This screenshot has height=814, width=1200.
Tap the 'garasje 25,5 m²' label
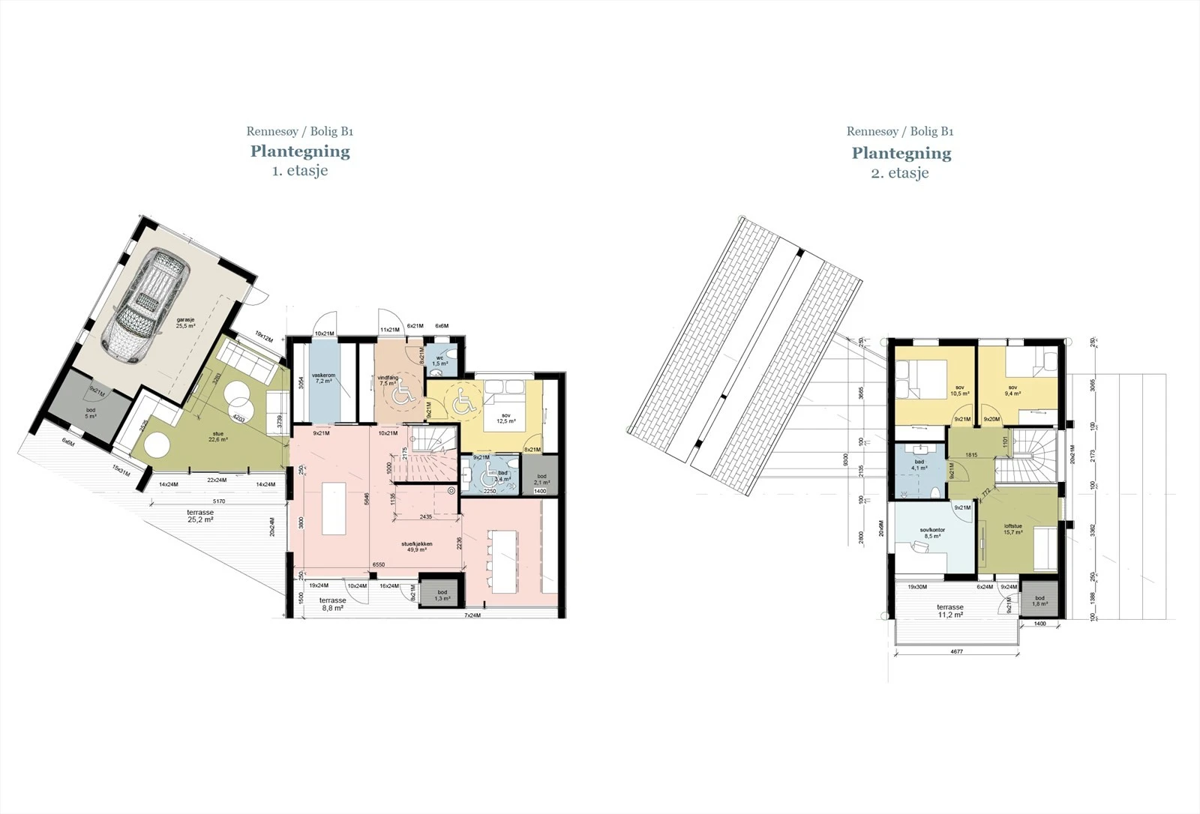(185, 323)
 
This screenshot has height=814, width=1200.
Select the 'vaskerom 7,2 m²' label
(323, 378)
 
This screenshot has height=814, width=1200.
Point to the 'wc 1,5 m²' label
(440, 361)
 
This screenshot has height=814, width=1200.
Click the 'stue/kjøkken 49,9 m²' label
(417, 546)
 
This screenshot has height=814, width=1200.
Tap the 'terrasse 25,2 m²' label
(200, 516)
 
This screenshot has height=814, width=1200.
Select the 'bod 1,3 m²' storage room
(442, 595)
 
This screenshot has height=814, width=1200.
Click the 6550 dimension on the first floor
(378, 565)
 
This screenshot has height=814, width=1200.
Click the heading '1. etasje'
(300, 170)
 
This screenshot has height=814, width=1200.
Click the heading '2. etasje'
(900, 172)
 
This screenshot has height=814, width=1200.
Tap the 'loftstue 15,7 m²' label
(1013, 529)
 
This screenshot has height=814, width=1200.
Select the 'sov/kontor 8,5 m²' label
(932, 533)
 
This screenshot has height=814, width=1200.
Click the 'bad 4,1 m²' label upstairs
(919, 465)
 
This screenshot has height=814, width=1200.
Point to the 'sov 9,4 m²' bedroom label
(1012, 391)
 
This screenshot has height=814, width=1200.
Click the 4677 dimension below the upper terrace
(956, 651)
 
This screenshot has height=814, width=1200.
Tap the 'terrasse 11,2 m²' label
(949, 611)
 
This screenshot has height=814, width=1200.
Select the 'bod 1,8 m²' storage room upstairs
(1039, 600)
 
